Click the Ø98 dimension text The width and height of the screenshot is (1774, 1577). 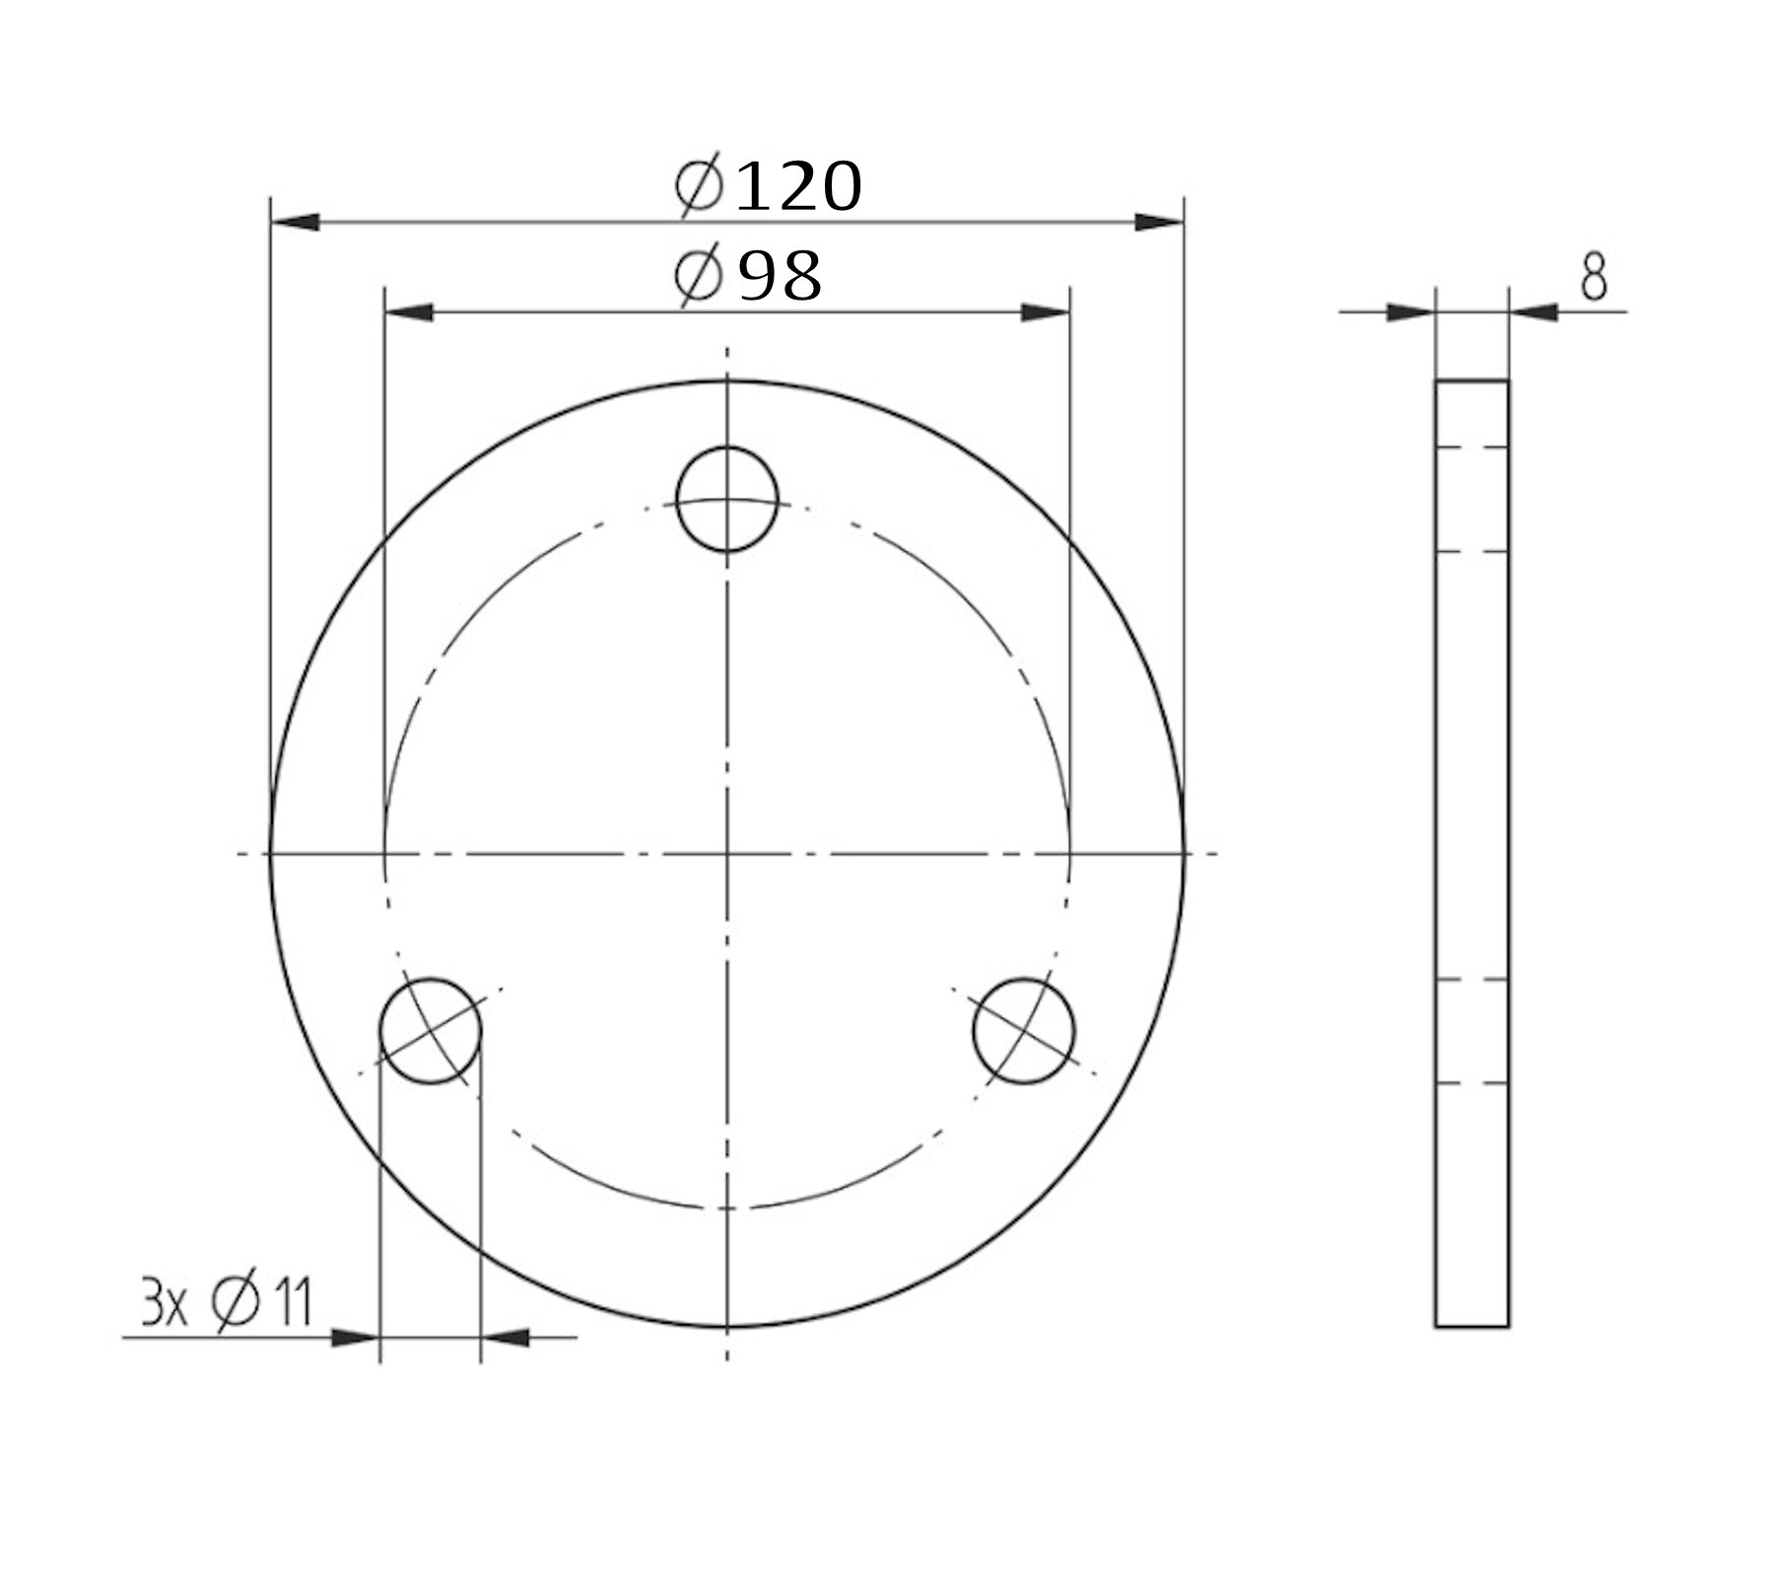click(749, 277)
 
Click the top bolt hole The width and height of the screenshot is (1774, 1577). click(727, 499)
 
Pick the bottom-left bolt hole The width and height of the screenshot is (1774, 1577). click(431, 1031)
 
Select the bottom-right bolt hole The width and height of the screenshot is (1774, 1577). click(1024, 1031)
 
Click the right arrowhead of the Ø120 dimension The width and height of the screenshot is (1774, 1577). click(1159, 222)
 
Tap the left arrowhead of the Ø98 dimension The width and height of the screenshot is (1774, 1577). click(408, 312)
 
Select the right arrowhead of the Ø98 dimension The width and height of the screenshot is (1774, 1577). click(1045, 312)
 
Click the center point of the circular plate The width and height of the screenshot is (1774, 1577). click(727, 854)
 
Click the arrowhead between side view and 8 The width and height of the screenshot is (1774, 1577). click(1534, 312)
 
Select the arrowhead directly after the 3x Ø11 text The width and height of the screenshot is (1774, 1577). click(355, 1337)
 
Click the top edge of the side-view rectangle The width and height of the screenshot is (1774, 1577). click(1471, 380)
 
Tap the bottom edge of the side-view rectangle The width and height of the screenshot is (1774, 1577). click(1471, 1327)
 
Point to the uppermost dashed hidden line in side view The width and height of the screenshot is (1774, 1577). click(1471, 446)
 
